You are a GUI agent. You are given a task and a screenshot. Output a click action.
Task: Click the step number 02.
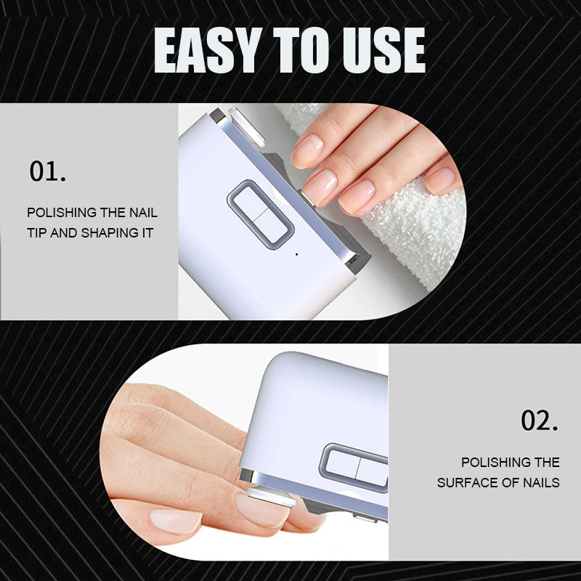(x=540, y=420)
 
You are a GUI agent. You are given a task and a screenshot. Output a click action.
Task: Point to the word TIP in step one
(x=38, y=234)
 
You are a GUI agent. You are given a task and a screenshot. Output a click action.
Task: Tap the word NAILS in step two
(x=538, y=483)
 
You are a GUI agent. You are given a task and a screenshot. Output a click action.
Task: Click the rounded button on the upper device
(x=261, y=214)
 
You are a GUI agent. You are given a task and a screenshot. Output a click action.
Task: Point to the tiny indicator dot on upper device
(x=296, y=254)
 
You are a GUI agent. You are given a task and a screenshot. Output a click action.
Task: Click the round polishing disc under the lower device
(x=271, y=500)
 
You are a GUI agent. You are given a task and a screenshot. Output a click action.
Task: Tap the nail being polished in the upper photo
(x=317, y=185)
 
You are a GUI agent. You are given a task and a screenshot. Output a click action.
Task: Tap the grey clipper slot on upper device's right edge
(x=354, y=259)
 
